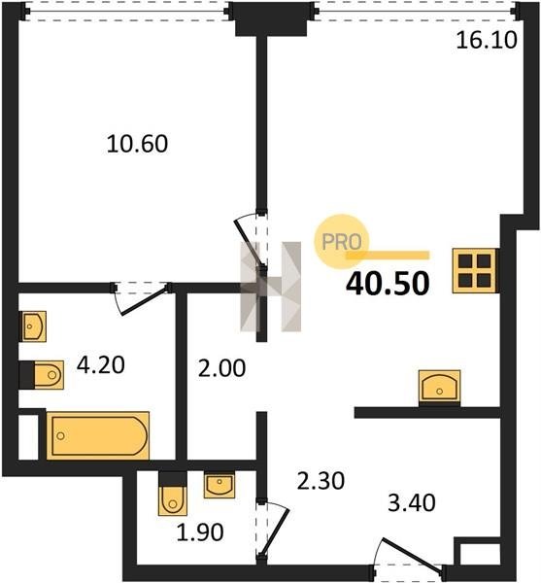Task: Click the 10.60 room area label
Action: point(137,144)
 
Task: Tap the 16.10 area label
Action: point(487,40)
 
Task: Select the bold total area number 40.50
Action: point(388,284)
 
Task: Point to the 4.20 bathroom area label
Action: point(100,364)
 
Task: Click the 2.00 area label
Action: point(221,368)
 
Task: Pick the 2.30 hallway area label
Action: point(321,480)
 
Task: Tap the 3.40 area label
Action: point(412,502)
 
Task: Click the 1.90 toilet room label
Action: point(200,532)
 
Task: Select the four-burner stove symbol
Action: point(474,271)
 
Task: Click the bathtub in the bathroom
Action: point(98,435)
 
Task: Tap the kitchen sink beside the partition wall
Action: point(440,388)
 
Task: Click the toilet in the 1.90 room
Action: point(173,494)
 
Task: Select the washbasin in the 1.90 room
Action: point(220,485)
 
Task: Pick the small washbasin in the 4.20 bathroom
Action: point(33,326)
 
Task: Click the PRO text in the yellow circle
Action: point(342,242)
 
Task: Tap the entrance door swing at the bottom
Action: point(408,556)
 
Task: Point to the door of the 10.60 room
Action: point(250,242)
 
